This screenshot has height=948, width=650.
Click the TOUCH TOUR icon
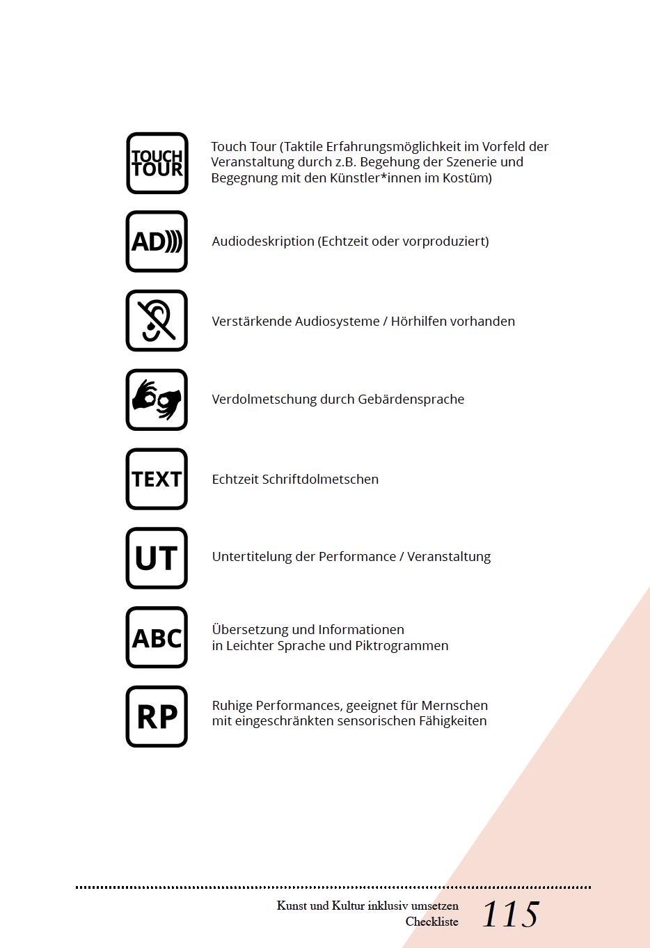click(157, 163)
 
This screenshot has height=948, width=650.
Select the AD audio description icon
click(157, 242)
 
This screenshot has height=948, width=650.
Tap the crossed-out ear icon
click(157, 321)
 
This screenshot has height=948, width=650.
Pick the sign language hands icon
click(157, 400)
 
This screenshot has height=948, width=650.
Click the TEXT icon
click(157, 479)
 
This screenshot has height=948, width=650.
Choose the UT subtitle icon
click(157, 558)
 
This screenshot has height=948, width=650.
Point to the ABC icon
click(157, 638)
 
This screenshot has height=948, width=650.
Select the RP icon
click(157, 716)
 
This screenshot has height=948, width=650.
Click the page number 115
click(510, 915)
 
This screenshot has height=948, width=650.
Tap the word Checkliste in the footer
click(432, 922)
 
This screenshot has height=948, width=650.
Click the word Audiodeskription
click(263, 242)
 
